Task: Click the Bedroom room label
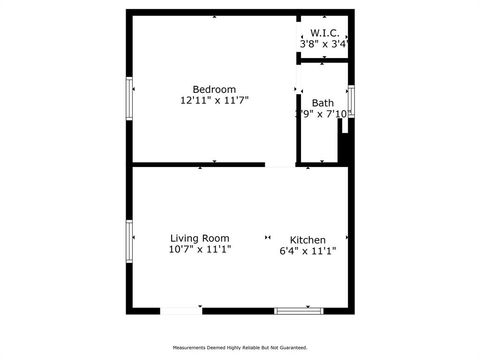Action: click(214, 89)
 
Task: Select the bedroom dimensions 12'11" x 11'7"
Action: click(214, 100)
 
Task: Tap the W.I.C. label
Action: click(325, 33)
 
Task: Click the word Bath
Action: click(323, 103)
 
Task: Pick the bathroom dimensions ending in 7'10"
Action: click(324, 114)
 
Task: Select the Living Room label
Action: click(200, 238)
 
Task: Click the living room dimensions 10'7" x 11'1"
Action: click(200, 249)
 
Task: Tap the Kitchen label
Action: click(307, 240)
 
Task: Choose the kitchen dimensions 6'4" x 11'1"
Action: click(307, 251)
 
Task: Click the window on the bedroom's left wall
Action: click(129, 99)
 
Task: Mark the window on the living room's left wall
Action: click(129, 241)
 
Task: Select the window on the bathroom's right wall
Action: click(351, 100)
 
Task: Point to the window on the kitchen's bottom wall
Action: click(299, 311)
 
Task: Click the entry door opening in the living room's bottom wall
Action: click(181, 311)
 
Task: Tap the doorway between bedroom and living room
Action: click(281, 165)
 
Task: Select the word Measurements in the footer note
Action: click(192, 348)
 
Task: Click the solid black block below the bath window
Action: click(345, 141)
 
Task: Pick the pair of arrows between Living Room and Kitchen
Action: click(267, 237)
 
